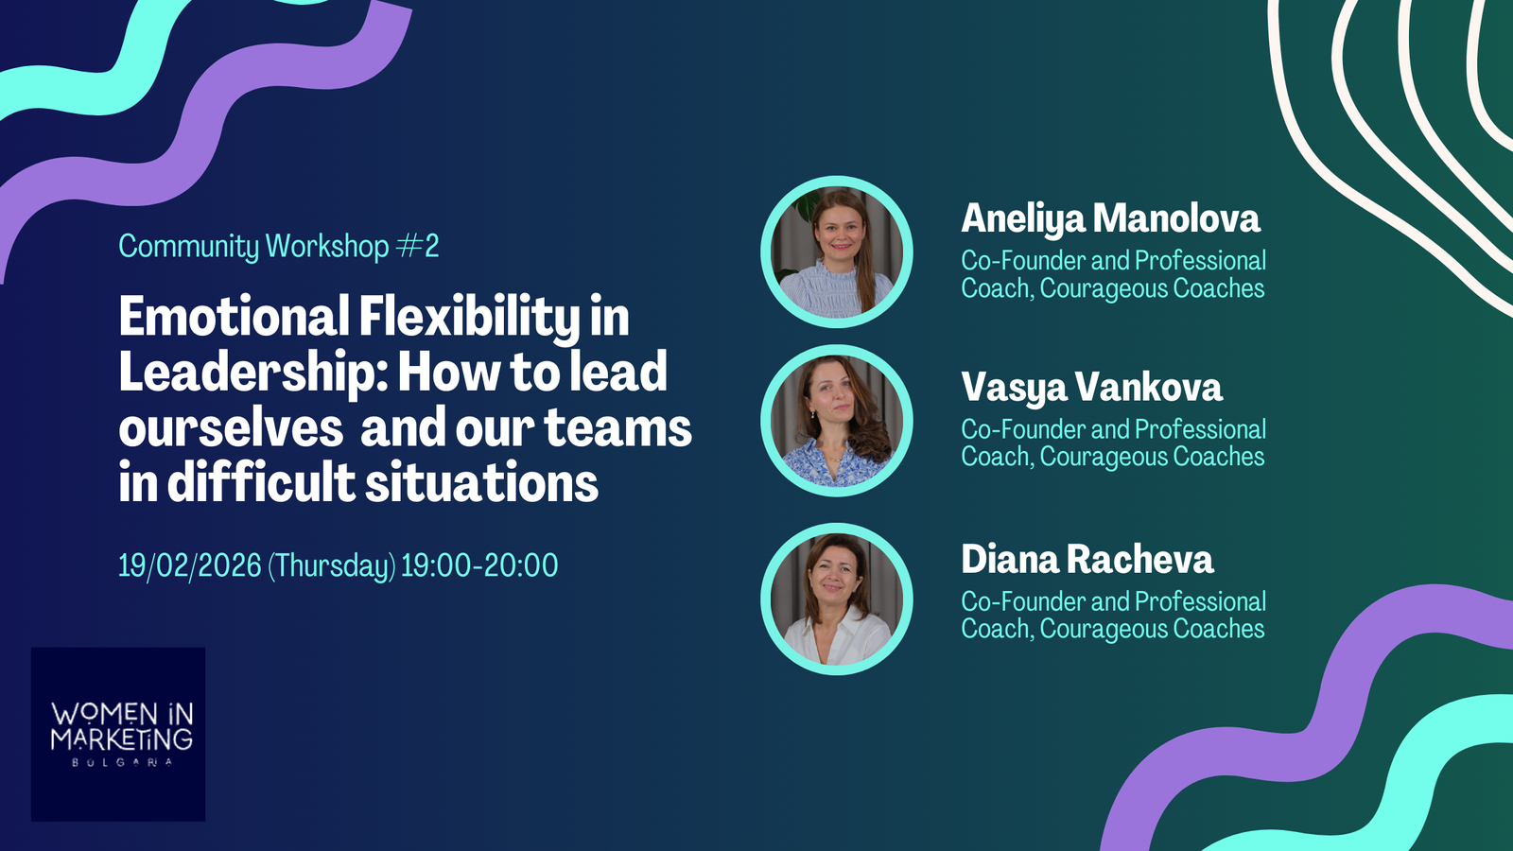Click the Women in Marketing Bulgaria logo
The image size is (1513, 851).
[x=118, y=734]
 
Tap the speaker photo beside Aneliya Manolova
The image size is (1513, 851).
[x=837, y=252]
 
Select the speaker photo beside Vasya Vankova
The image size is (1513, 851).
[x=837, y=421]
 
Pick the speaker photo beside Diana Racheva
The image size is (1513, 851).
[x=837, y=599]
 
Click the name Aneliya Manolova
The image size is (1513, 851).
[x=1110, y=219]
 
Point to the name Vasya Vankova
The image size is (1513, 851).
[x=1091, y=389]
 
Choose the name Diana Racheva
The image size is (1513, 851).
[x=1087, y=559]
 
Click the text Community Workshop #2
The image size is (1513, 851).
[x=279, y=247]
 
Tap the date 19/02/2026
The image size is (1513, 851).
[x=190, y=565]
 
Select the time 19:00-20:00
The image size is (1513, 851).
[x=479, y=565]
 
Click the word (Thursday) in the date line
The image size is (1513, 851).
[x=332, y=566]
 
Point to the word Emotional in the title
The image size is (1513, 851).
[x=235, y=316]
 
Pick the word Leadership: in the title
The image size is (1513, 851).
[x=253, y=373]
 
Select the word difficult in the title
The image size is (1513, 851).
[x=261, y=481]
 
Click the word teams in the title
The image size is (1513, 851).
[x=618, y=428]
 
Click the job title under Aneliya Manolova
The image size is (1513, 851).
[x=1113, y=274]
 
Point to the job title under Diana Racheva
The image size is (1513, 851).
[x=1113, y=615]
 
